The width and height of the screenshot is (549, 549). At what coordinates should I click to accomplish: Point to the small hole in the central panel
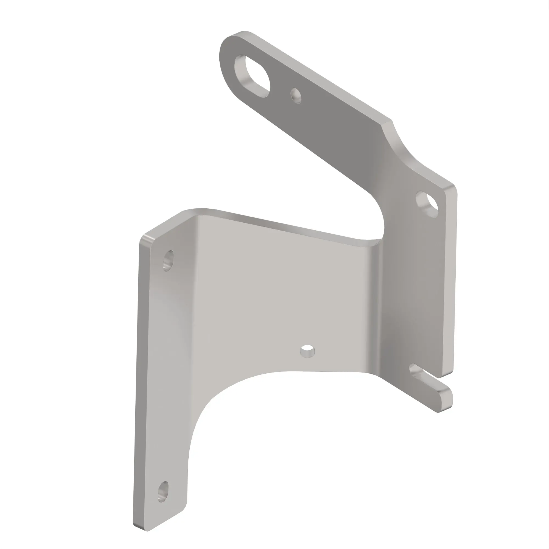point(307,351)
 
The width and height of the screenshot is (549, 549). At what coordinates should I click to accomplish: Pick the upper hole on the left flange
point(169,260)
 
